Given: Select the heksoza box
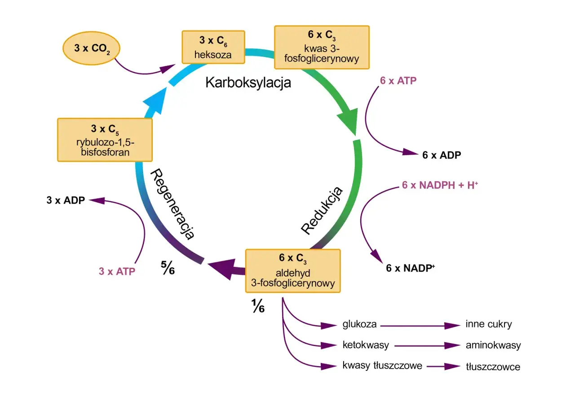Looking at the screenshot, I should pyautogui.click(x=213, y=47).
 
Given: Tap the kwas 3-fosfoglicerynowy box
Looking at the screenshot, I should pyautogui.click(x=322, y=47).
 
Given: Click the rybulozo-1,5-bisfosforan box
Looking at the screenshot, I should pyautogui.click(x=104, y=140).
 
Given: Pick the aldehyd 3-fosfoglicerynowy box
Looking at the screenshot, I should pyautogui.click(x=292, y=270).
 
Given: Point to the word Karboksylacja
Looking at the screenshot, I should pyautogui.click(x=248, y=83).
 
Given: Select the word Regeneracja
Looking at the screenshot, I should pyautogui.click(x=173, y=205).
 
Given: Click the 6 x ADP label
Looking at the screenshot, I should pyautogui.click(x=442, y=155).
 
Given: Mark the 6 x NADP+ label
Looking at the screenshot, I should pyautogui.click(x=411, y=268).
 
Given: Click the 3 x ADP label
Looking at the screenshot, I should pyautogui.click(x=66, y=200).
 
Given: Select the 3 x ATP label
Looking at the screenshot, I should pyautogui.click(x=117, y=271).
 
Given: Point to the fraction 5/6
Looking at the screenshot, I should pyautogui.click(x=168, y=268).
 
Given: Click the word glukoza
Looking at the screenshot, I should pyautogui.click(x=359, y=324).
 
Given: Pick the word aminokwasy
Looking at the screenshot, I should pyautogui.click(x=493, y=345).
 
